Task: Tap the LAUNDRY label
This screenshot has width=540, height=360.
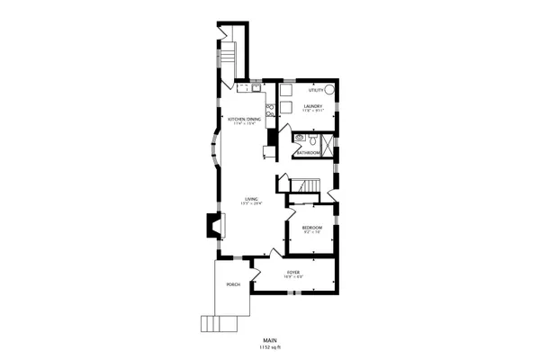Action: (x=314, y=106)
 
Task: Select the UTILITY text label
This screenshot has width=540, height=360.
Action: (x=315, y=90)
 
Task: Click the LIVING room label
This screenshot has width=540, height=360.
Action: (x=252, y=199)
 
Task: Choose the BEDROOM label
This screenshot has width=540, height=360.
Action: (x=311, y=228)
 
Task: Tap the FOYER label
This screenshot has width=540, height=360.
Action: (x=293, y=272)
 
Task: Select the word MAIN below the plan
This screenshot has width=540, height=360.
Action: (x=269, y=339)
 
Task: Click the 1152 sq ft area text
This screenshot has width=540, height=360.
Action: (x=269, y=346)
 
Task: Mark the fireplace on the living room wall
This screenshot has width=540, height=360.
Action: (x=213, y=225)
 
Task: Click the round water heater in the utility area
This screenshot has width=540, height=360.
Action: (x=330, y=90)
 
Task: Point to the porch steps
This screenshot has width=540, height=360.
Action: (x=213, y=323)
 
